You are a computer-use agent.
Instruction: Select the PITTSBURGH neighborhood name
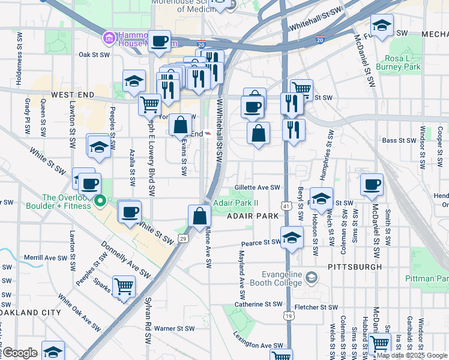355,266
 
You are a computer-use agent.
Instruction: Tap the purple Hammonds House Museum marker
109,38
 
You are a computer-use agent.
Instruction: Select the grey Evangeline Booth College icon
312,277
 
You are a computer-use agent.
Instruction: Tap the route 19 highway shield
289,315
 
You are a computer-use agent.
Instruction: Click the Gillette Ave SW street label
258,187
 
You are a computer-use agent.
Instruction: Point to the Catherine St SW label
257,305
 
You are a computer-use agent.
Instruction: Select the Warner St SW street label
174,328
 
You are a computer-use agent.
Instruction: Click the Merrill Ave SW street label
45,257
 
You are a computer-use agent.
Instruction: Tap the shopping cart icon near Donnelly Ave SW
124,286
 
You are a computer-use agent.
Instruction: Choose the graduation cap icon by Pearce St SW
292,238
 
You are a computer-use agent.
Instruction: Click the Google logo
19,353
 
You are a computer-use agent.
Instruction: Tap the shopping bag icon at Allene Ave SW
199,216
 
